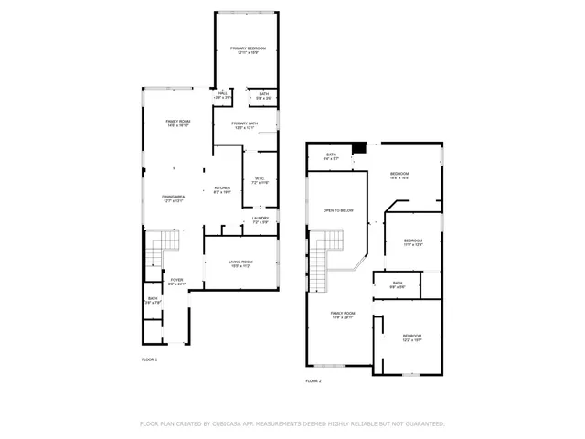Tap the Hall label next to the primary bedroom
(x=223, y=94)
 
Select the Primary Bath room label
(x=244, y=125)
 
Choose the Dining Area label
(x=174, y=198)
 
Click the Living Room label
(x=240, y=264)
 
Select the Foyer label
(x=176, y=282)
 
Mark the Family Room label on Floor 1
(x=177, y=123)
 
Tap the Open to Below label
(x=338, y=210)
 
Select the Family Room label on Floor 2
(x=343, y=316)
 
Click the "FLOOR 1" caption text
(x=150, y=359)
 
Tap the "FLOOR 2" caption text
(x=314, y=380)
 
